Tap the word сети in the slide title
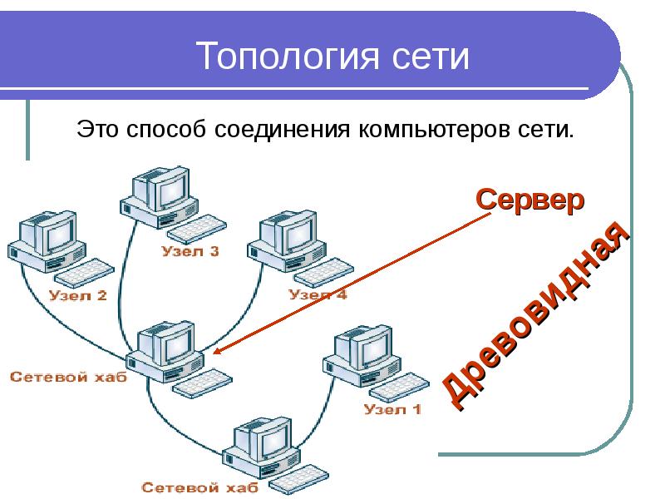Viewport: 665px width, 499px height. (429, 57)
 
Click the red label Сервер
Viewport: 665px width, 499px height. (530, 200)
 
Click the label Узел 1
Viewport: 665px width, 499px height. (392, 409)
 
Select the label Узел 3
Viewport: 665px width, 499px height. (190, 252)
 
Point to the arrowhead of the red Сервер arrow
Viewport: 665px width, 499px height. (214, 352)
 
